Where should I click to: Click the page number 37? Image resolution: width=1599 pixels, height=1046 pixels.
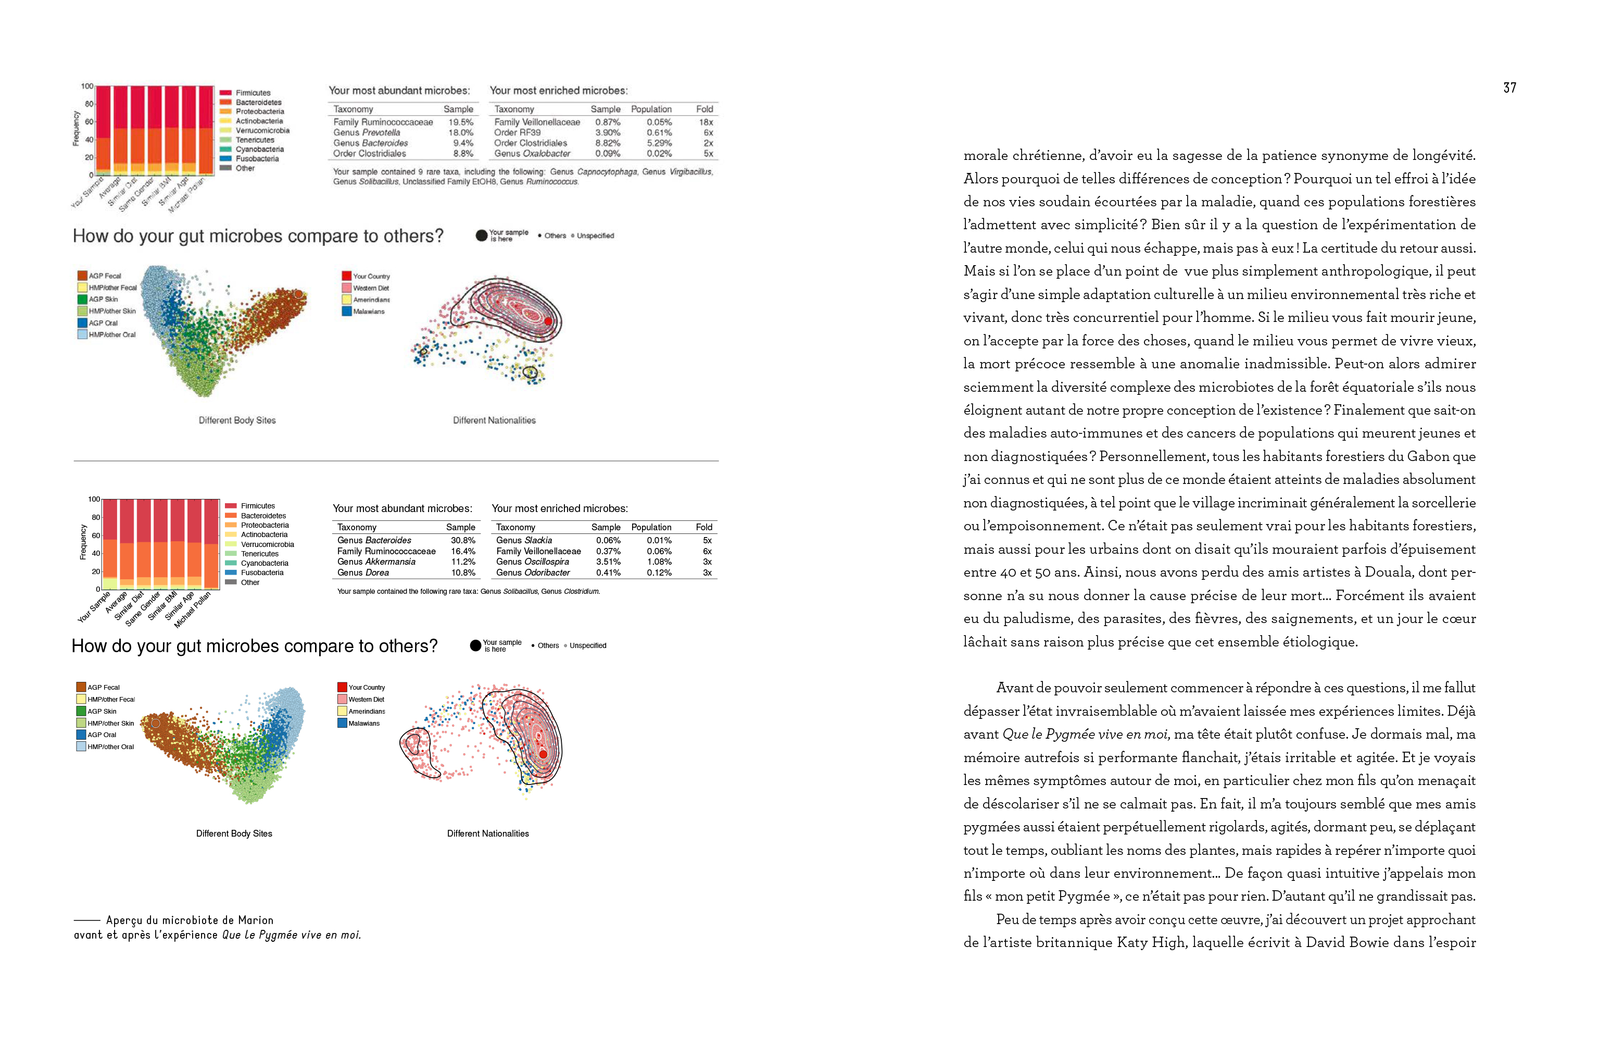coord(1509,88)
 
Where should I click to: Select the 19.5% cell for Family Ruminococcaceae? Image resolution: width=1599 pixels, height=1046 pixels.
coord(461,122)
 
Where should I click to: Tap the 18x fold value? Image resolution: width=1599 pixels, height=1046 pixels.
coord(706,122)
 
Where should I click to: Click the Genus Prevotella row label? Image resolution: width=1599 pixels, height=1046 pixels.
coord(367,132)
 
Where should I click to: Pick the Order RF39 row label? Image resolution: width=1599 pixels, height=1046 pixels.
coord(518,132)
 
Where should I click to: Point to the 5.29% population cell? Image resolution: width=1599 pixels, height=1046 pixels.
coord(659,143)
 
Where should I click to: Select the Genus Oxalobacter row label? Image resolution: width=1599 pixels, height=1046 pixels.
coord(532,153)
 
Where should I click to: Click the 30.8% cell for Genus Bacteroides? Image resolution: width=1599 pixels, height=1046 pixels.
coord(463,541)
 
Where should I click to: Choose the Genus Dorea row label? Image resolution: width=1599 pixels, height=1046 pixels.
coord(363,572)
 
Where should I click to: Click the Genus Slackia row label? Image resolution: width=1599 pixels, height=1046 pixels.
coord(524,541)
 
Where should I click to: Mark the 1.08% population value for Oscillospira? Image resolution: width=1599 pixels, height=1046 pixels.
coord(659,562)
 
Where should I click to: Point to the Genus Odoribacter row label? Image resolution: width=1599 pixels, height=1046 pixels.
coord(533,572)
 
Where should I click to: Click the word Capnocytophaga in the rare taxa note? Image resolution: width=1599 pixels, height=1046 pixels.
coord(607,172)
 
